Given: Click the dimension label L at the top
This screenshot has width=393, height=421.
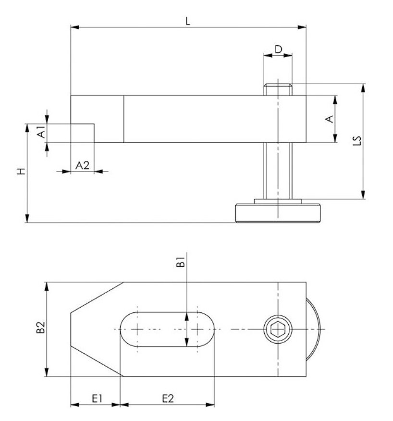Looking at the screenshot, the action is click(188, 21).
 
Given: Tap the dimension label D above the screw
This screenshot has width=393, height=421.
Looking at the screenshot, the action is click(278, 49).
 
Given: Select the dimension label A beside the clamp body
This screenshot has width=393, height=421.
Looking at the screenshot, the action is click(330, 119).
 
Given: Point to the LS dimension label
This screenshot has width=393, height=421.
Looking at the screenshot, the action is click(357, 141).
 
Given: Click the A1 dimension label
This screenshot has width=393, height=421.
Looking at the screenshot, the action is click(42, 132).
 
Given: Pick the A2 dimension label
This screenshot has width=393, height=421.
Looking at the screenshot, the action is click(82, 165).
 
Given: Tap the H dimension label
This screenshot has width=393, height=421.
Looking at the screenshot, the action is click(21, 171).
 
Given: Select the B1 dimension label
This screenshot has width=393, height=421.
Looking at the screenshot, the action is click(180, 262).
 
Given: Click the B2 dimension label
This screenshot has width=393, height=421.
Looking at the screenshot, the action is click(40, 327).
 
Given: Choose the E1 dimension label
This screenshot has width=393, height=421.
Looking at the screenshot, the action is click(97, 398).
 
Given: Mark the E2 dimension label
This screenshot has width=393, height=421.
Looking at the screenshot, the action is click(168, 398).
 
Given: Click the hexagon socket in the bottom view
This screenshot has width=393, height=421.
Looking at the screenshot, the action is click(278, 329).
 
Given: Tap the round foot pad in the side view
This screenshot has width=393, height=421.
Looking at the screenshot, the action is click(278, 213).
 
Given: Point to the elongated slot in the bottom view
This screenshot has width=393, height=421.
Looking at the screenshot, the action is click(167, 329).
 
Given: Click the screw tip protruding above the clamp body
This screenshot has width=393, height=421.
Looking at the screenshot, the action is click(278, 89).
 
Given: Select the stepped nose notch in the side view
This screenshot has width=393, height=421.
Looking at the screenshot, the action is click(83, 133).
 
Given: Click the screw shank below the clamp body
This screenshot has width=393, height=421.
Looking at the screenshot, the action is click(278, 171).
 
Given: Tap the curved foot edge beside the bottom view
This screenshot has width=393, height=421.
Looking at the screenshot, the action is click(313, 329).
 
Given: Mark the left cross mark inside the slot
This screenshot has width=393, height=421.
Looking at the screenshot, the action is click(137, 329).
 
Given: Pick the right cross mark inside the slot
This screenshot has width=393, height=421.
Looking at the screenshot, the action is click(197, 329).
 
